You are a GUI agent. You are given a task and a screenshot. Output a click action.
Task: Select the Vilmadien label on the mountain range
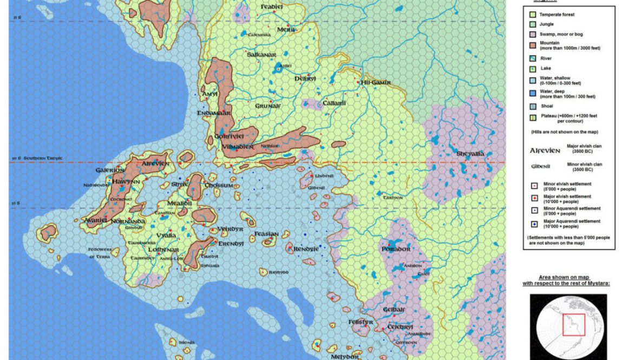(x=237, y=146)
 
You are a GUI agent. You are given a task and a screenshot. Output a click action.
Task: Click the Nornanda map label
(x=128, y=221)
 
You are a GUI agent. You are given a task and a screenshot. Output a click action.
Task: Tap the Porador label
(x=395, y=249)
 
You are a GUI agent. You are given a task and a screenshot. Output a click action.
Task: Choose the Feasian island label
(x=266, y=234)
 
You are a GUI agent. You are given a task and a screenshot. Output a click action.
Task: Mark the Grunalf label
(x=267, y=106)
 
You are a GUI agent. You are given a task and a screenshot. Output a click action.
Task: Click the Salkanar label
(x=261, y=55)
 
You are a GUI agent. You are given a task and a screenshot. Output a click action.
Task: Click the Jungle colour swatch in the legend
(x=532, y=24)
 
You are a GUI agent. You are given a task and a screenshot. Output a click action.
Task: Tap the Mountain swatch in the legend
(x=532, y=43)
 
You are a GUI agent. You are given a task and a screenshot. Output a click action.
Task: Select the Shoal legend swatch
(x=532, y=106)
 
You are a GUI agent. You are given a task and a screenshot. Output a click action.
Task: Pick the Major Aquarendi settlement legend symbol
(x=532, y=222)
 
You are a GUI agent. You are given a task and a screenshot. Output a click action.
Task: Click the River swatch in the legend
(x=532, y=58)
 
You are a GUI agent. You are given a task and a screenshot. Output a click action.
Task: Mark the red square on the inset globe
(x=572, y=325)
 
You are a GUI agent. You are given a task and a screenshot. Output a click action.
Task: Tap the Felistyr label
(x=361, y=322)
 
